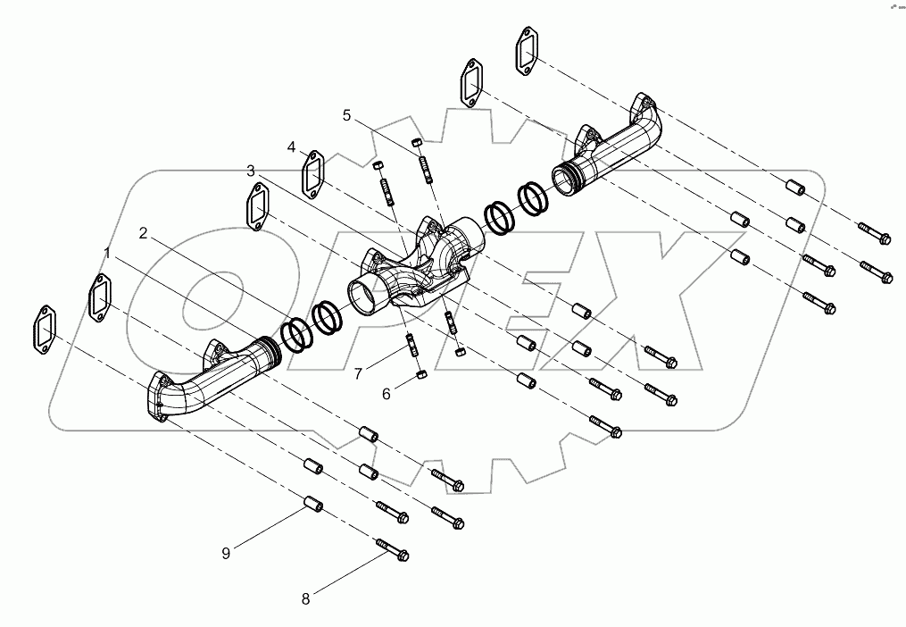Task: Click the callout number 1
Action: tap(108, 254)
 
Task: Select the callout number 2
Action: tap(143, 233)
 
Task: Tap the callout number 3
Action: tap(251, 170)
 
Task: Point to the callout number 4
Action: tap(291, 146)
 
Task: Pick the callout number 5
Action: tap(346, 114)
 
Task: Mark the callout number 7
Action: tap(357, 374)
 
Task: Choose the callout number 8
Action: tap(305, 599)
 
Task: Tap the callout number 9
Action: tap(226, 553)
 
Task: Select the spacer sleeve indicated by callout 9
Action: tap(314, 505)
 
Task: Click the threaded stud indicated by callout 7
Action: tap(413, 343)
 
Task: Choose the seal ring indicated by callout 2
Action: tap(296, 333)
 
